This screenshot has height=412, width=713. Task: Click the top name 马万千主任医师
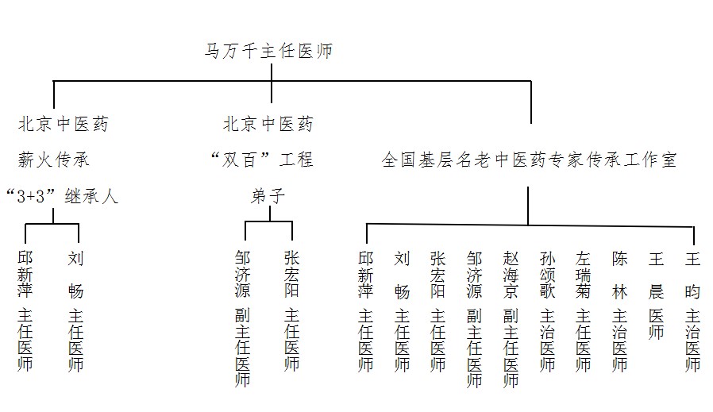(x=268, y=51)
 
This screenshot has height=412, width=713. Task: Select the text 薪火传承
(x=54, y=160)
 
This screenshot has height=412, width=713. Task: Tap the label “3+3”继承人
(x=62, y=196)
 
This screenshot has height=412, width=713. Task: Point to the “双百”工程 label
(x=262, y=160)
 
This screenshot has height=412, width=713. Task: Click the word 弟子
(x=268, y=196)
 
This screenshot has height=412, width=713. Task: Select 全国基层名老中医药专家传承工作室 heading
(x=530, y=160)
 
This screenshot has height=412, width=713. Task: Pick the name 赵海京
(x=511, y=275)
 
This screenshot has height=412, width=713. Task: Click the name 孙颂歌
(x=547, y=275)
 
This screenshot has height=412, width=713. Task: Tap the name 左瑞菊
(x=583, y=275)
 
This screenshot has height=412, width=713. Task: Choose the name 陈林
(x=619, y=275)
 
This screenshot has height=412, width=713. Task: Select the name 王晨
(x=656, y=275)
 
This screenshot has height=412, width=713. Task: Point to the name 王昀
(x=692, y=275)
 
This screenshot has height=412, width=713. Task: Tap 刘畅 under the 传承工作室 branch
(x=402, y=275)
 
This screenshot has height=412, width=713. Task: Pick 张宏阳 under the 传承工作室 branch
(x=438, y=275)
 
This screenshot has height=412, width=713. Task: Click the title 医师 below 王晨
(x=656, y=324)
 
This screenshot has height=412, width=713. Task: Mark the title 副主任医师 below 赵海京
(x=511, y=348)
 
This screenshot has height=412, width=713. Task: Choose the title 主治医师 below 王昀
(x=692, y=341)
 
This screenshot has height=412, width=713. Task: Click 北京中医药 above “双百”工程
(x=268, y=124)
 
